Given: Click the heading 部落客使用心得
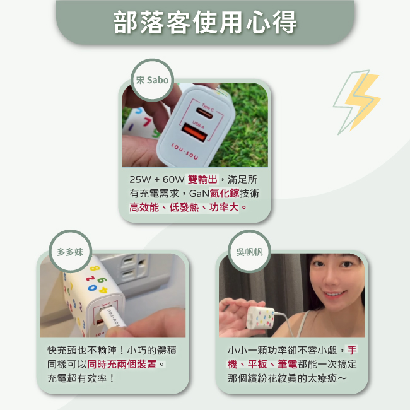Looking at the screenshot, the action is point(205,22).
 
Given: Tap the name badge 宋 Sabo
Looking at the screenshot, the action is point(152,80).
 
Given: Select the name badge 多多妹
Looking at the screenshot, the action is point(70,252).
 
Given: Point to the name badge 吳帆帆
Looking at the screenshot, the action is point(249,252).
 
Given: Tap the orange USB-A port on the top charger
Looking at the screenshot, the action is point(194,132).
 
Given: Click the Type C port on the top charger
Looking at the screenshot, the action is point(205,114).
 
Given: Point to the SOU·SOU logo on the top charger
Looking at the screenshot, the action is point(185,151).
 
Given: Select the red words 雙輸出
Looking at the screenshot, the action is point(202,180).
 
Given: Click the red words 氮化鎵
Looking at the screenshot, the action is point(225,194).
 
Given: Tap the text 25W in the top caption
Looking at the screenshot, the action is point(140,180).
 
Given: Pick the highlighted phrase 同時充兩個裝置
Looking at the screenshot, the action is point(122,364).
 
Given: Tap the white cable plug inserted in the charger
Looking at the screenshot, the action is point(112,317).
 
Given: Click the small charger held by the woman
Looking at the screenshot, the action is point(261,319).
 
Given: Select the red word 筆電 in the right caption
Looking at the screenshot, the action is point(288,364).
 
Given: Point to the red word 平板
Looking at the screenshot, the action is point(257,364).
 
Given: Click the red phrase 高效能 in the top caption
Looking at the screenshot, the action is point(144,208).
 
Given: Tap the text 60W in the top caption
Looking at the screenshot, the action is point(173,180).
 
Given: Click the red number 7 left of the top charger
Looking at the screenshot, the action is point(148,122).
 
